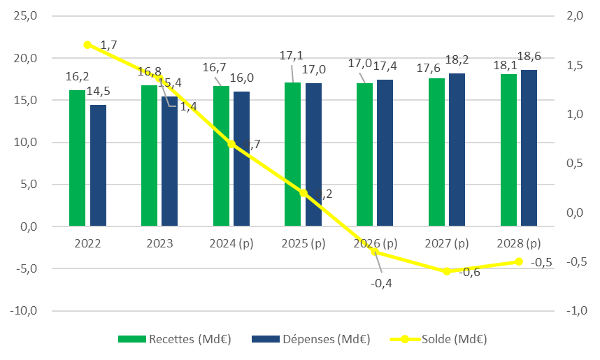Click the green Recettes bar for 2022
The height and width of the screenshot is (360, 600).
click(x=77, y=158)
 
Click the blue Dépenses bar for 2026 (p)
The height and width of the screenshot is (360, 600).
click(x=385, y=153)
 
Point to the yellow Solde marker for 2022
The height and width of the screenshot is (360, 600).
click(x=87, y=45)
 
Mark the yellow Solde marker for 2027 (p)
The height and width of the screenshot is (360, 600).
click(x=447, y=271)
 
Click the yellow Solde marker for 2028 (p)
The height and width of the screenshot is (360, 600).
click(x=519, y=261)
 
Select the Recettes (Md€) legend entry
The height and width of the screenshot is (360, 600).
click(x=175, y=340)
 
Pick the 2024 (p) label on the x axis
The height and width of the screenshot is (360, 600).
click(x=231, y=244)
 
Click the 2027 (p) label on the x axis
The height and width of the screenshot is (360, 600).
click(x=447, y=244)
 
